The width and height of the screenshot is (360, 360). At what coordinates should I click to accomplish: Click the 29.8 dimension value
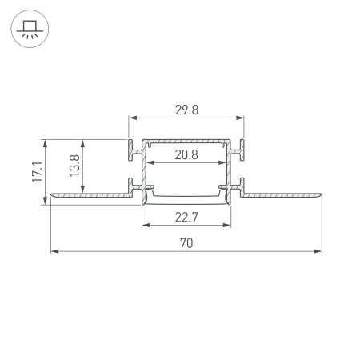186,110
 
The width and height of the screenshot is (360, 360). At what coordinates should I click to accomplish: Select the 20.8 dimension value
186,155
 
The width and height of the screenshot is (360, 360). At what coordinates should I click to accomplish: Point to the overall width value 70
186,242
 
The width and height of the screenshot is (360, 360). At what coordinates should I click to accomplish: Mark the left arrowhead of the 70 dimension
54,251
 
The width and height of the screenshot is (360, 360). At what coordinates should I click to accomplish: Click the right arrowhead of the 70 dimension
319,251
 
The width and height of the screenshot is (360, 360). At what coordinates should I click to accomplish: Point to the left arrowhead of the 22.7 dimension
145,225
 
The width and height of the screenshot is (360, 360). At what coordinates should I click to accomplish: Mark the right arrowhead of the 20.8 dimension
223,163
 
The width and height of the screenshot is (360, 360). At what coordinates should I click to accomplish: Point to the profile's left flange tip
52,193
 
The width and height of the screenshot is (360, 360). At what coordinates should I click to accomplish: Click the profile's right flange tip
322,193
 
